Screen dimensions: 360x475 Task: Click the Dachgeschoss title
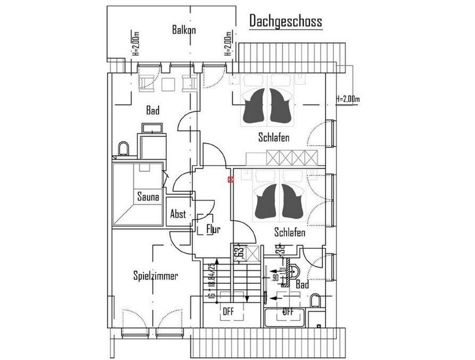pyautogui.click(x=286, y=21)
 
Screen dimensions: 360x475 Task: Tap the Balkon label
pyautogui.click(x=184, y=30)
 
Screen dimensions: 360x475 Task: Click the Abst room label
pyautogui.click(x=178, y=214)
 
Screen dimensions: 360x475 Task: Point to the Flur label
pyautogui.click(x=214, y=230)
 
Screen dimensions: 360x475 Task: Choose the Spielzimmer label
pyautogui.click(x=155, y=276)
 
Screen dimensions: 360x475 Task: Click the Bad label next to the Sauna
pyautogui.click(x=153, y=111)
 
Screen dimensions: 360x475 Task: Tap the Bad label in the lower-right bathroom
pyautogui.click(x=302, y=284)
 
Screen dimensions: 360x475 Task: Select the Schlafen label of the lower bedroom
pyautogui.click(x=290, y=233)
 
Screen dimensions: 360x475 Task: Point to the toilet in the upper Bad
pyautogui.click(x=123, y=148)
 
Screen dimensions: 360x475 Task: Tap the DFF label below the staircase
pyautogui.click(x=229, y=311)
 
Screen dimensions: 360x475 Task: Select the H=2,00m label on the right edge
pyautogui.click(x=347, y=99)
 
